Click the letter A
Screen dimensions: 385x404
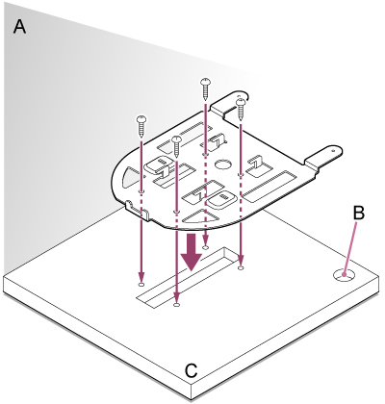pos(19,26)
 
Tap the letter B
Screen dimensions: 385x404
pos(359,213)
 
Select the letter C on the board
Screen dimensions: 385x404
pos(191,371)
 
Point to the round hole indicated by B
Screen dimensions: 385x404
pos(345,275)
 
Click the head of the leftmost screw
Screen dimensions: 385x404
pos(141,118)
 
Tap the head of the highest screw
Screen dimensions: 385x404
pos(205,82)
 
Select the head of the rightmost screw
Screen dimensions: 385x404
pos(241,102)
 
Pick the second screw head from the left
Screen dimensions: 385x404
pos(176,139)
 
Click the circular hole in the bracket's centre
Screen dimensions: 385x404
pos(223,164)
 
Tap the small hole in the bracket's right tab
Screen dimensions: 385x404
pos(333,149)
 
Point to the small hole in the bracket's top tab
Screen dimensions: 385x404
pos(239,95)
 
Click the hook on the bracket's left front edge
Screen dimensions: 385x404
pos(137,210)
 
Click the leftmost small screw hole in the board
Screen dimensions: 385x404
pos(141,284)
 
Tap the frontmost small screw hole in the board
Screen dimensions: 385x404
pos(176,304)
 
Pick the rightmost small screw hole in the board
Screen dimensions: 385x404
pos(242,267)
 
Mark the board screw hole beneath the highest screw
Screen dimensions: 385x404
pos(206,247)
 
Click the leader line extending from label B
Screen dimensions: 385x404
pos(350,248)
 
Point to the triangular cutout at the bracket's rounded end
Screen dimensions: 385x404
pos(129,177)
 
